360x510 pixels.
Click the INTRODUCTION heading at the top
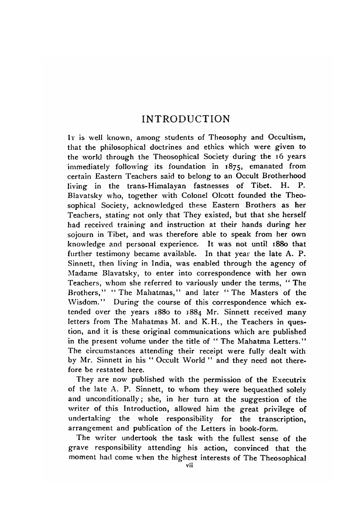click(186, 118)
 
